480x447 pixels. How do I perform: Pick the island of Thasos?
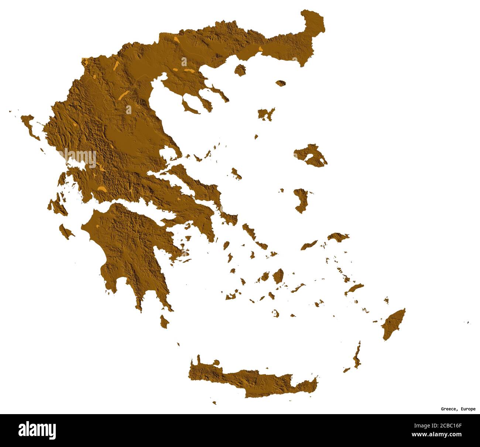(x=240, y=70)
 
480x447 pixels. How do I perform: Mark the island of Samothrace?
(x=281, y=83)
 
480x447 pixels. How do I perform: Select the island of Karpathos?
(x=357, y=356)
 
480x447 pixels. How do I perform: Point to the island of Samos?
(x=337, y=236)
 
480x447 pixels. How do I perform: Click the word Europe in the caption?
(x=468, y=409)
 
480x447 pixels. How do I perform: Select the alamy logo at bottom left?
(x=37, y=430)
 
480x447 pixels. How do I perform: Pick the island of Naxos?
(x=278, y=276)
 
